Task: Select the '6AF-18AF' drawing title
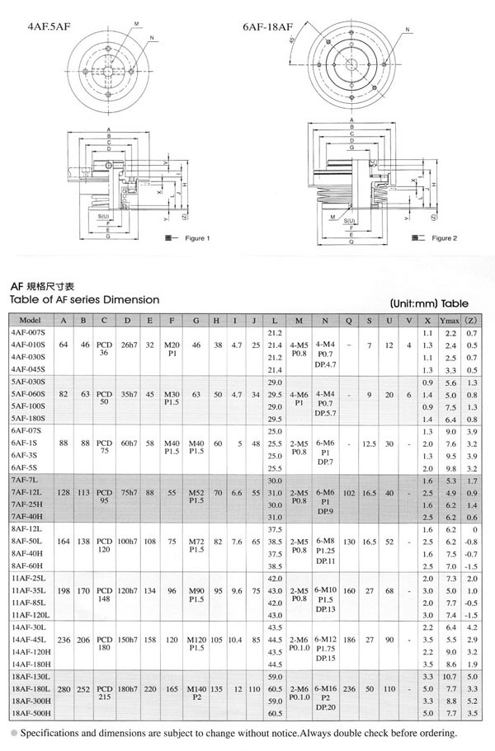tap(268, 26)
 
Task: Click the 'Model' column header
tap(30, 320)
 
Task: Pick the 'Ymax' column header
tap(450, 320)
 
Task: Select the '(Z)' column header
tap(471, 320)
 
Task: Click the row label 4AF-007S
tap(29, 331)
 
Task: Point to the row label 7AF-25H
tap(29, 504)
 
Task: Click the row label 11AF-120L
tap(31, 615)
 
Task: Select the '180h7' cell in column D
tap(127, 688)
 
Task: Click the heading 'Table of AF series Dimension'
tap(84, 299)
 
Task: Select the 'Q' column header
tap(350, 320)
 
